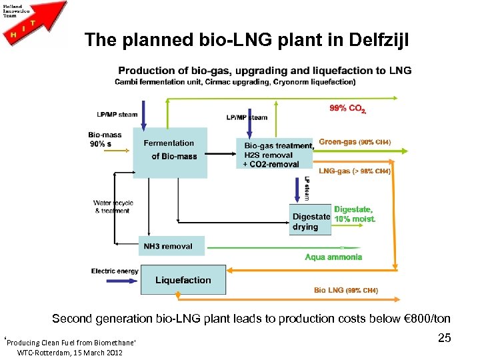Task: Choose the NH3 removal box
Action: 171,246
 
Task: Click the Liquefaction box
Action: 183,280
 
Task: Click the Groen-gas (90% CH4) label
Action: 355,142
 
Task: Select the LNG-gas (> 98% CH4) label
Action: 355,171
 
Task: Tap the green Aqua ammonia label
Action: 333,257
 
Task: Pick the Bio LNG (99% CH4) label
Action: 346,290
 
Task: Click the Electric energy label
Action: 115,271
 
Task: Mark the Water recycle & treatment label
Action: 113,207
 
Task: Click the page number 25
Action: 445,339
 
